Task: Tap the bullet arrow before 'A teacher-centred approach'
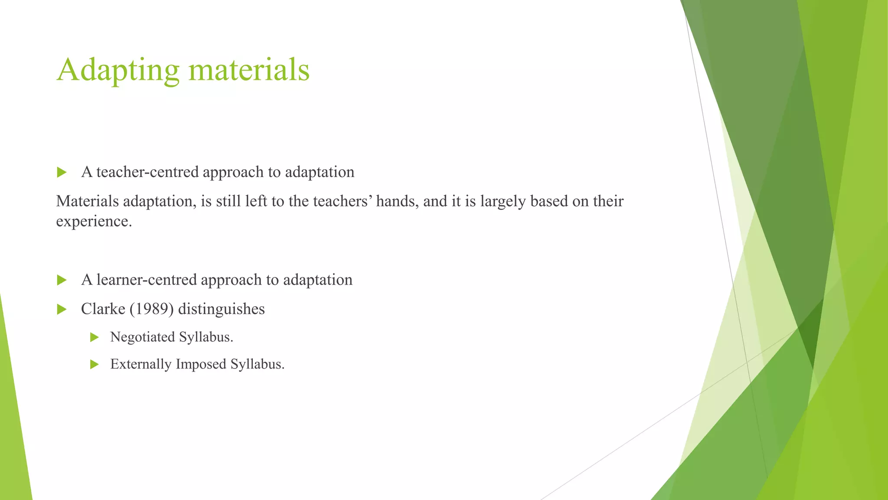[x=62, y=172]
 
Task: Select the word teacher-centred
[x=147, y=172]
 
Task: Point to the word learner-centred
[x=147, y=280]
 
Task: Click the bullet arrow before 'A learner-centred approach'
[x=62, y=280]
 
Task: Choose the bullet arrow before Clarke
[x=62, y=309]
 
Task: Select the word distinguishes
[x=221, y=309]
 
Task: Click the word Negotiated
[x=142, y=337]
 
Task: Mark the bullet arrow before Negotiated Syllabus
[x=95, y=337]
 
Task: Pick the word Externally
[x=141, y=364]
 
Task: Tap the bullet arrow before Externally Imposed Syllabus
[x=95, y=364]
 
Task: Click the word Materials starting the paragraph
[x=87, y=201]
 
